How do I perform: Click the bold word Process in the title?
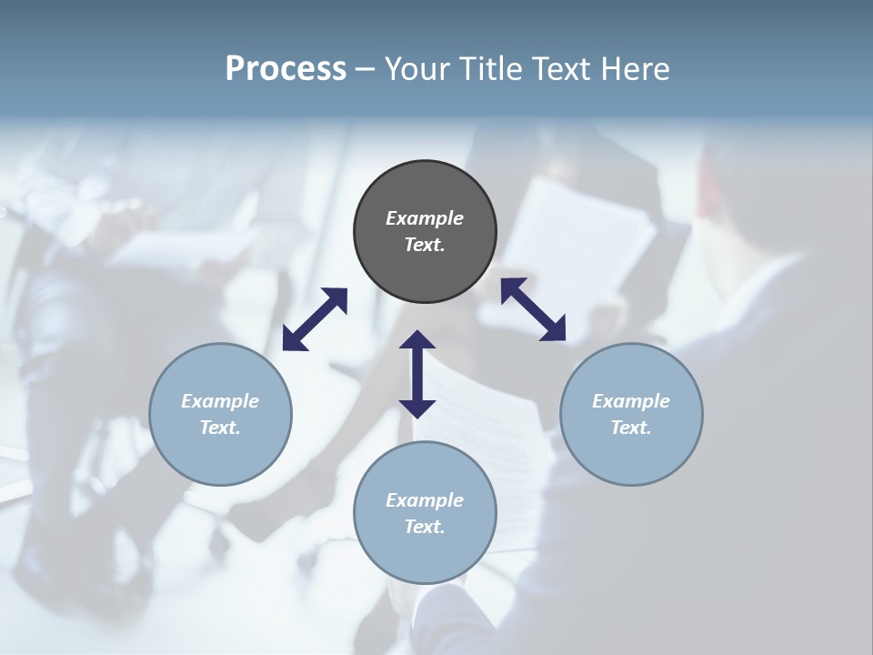(286, 69)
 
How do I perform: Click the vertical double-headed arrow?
(417, 374)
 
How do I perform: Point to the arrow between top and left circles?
(315, 319)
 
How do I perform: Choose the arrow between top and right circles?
(533, 309)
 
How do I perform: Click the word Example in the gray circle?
(425, 218)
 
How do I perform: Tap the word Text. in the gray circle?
(425, 245)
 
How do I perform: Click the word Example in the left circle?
(220, 401)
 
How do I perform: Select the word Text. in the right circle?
(631, 428)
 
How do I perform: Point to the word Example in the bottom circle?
(425, 500)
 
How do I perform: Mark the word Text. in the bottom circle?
(425, 527)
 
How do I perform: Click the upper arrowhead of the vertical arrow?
(417, 341)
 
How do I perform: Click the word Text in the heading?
(557, 69)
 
